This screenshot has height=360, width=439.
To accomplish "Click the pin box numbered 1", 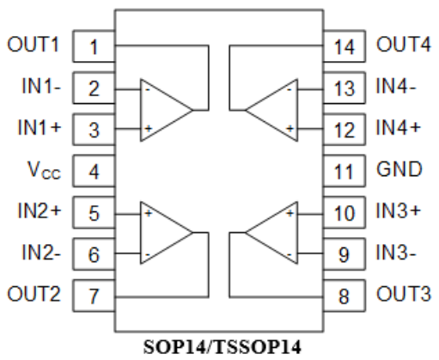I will pyautogui.click(x=94, y=47).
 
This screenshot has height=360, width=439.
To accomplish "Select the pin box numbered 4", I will pyautogui.click(x=94, y=171).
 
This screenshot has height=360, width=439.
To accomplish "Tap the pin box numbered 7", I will pyautogui.click(x=94, y=296).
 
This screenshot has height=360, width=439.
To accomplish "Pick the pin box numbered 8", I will pyautogui.click(x=344, y=296).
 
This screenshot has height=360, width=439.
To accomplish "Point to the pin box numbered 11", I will pyautogui.click(x=344, y=171).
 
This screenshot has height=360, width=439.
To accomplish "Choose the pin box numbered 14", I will pyautogui.click(x=344, y=47).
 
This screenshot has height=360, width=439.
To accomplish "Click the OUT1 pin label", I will pyautogui.click(x=34, y=45).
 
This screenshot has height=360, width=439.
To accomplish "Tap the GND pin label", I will pyautogui.click(x=399, y=169).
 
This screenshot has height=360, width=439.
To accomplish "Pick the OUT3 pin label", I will pyautogui.click(x=402, y=294).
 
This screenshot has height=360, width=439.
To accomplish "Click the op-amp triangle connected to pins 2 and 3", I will pyautogui.click(x=164, y=109).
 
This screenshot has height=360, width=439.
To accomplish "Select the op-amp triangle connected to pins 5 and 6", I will pyautogui.click(x=164, y=233).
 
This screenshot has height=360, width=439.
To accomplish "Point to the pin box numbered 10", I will pyautogui.click(x=344, y=212).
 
